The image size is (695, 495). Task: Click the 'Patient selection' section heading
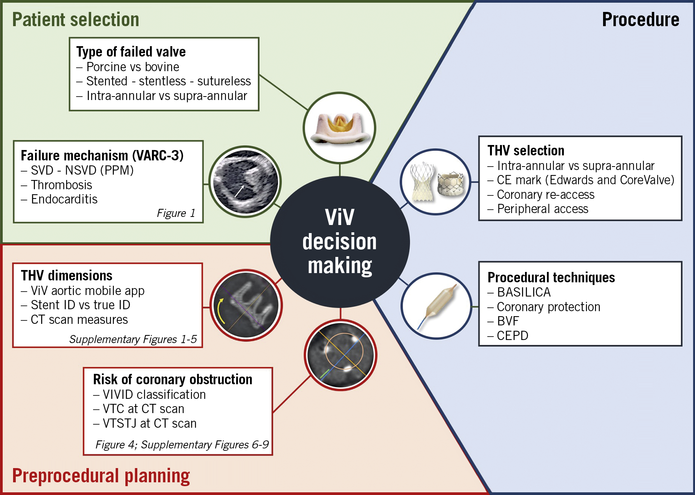pos(75,20)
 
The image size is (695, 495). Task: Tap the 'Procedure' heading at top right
pos(640,20)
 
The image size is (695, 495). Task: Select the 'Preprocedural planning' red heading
pos(101,476)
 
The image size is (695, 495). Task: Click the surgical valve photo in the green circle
pos(339,128)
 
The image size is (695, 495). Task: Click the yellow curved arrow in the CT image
pos(220,311)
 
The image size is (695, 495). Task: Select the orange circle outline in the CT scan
pos(344,352)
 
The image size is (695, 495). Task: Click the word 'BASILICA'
pos(523,292)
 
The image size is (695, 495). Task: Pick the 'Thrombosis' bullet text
pos(62,185)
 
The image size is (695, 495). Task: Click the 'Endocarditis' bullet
pos(64,199)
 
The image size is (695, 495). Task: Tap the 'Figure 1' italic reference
pos(176,213)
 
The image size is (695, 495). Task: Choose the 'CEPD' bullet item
pos(512,336)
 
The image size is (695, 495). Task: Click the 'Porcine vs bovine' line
pos(133,67)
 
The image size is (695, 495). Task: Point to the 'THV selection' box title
pos(526,150)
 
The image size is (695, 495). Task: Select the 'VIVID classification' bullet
pos(154,395)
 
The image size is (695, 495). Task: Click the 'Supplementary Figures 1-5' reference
pos(133,339)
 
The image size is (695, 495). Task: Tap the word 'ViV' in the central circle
pos(339,217)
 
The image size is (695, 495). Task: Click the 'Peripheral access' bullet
pos(542,209)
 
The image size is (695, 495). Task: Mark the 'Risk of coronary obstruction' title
pos(173,380)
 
